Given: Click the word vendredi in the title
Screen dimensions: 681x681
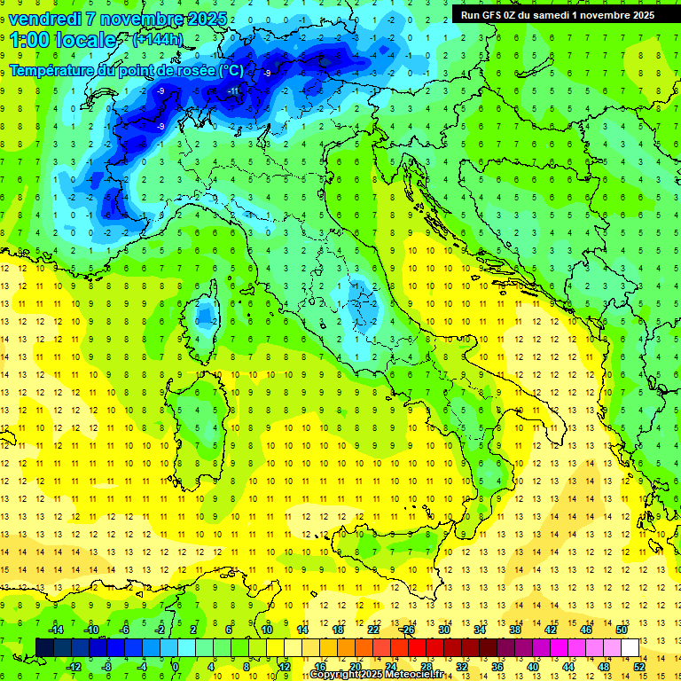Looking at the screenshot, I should [42, 19].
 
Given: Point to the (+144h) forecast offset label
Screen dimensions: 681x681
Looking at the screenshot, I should [157, 40].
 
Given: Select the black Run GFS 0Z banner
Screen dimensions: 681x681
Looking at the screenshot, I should [557, 14].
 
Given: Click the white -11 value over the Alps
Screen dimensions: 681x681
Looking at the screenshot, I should [233, 91].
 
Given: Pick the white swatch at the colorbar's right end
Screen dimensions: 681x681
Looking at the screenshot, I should [630, 647].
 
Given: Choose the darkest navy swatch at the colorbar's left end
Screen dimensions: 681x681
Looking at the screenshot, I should [45, 647].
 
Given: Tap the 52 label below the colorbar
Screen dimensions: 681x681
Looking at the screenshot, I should [638, 666].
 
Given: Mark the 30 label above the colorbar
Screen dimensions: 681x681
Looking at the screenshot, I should [443, 630].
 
